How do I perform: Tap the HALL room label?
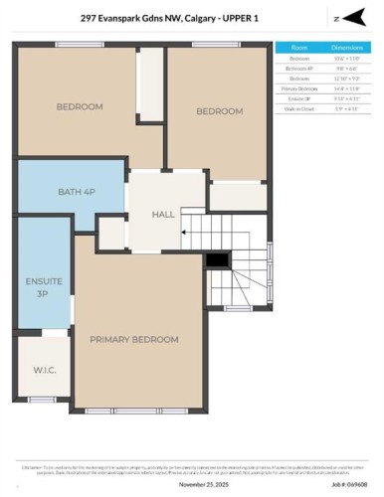163,214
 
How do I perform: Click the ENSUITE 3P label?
36,288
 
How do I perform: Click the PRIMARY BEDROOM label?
134,340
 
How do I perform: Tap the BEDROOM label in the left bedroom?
80,107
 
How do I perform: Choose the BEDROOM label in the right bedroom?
220,111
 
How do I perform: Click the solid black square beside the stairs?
217,260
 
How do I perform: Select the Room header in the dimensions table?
299,47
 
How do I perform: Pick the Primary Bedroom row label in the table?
299,87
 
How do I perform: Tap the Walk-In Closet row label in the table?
299,107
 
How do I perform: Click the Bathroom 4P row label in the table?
299,68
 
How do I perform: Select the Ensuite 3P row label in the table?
299,97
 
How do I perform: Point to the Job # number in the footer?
352,485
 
